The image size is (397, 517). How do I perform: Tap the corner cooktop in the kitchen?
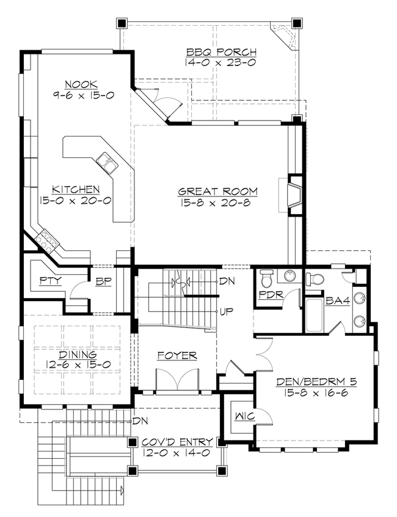coord(47,241)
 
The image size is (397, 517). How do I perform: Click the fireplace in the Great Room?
coord(295,196)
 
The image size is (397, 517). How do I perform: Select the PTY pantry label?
coord(48,281)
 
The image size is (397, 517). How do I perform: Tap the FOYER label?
coord(177,355)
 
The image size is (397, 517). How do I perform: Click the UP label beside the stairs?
coord(227,311)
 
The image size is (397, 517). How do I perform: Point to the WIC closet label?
coord(242,416)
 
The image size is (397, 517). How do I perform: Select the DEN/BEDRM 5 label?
coord(316,382)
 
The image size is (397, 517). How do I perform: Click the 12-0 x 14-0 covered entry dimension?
coord(177,453)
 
